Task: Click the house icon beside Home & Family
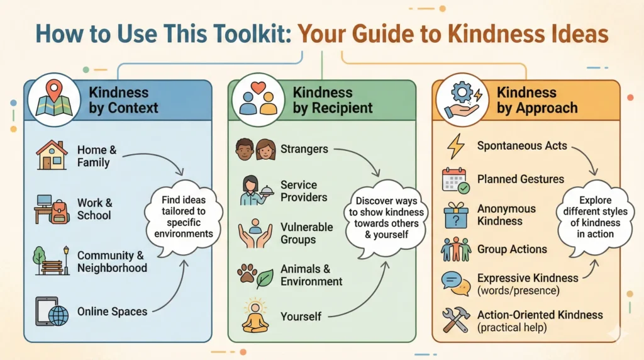click(x=52, y=155)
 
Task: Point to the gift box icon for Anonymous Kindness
click(x=456, y=214)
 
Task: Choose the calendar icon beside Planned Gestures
click(x=456, y=180)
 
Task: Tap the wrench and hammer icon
click(x=456, y=319)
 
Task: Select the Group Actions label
click(x=512, y=249)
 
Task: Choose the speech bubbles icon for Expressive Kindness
click(x=456, y=283)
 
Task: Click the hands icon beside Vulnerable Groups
click(x=255, y=232)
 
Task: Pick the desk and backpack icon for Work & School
click(x=52, y=208)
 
